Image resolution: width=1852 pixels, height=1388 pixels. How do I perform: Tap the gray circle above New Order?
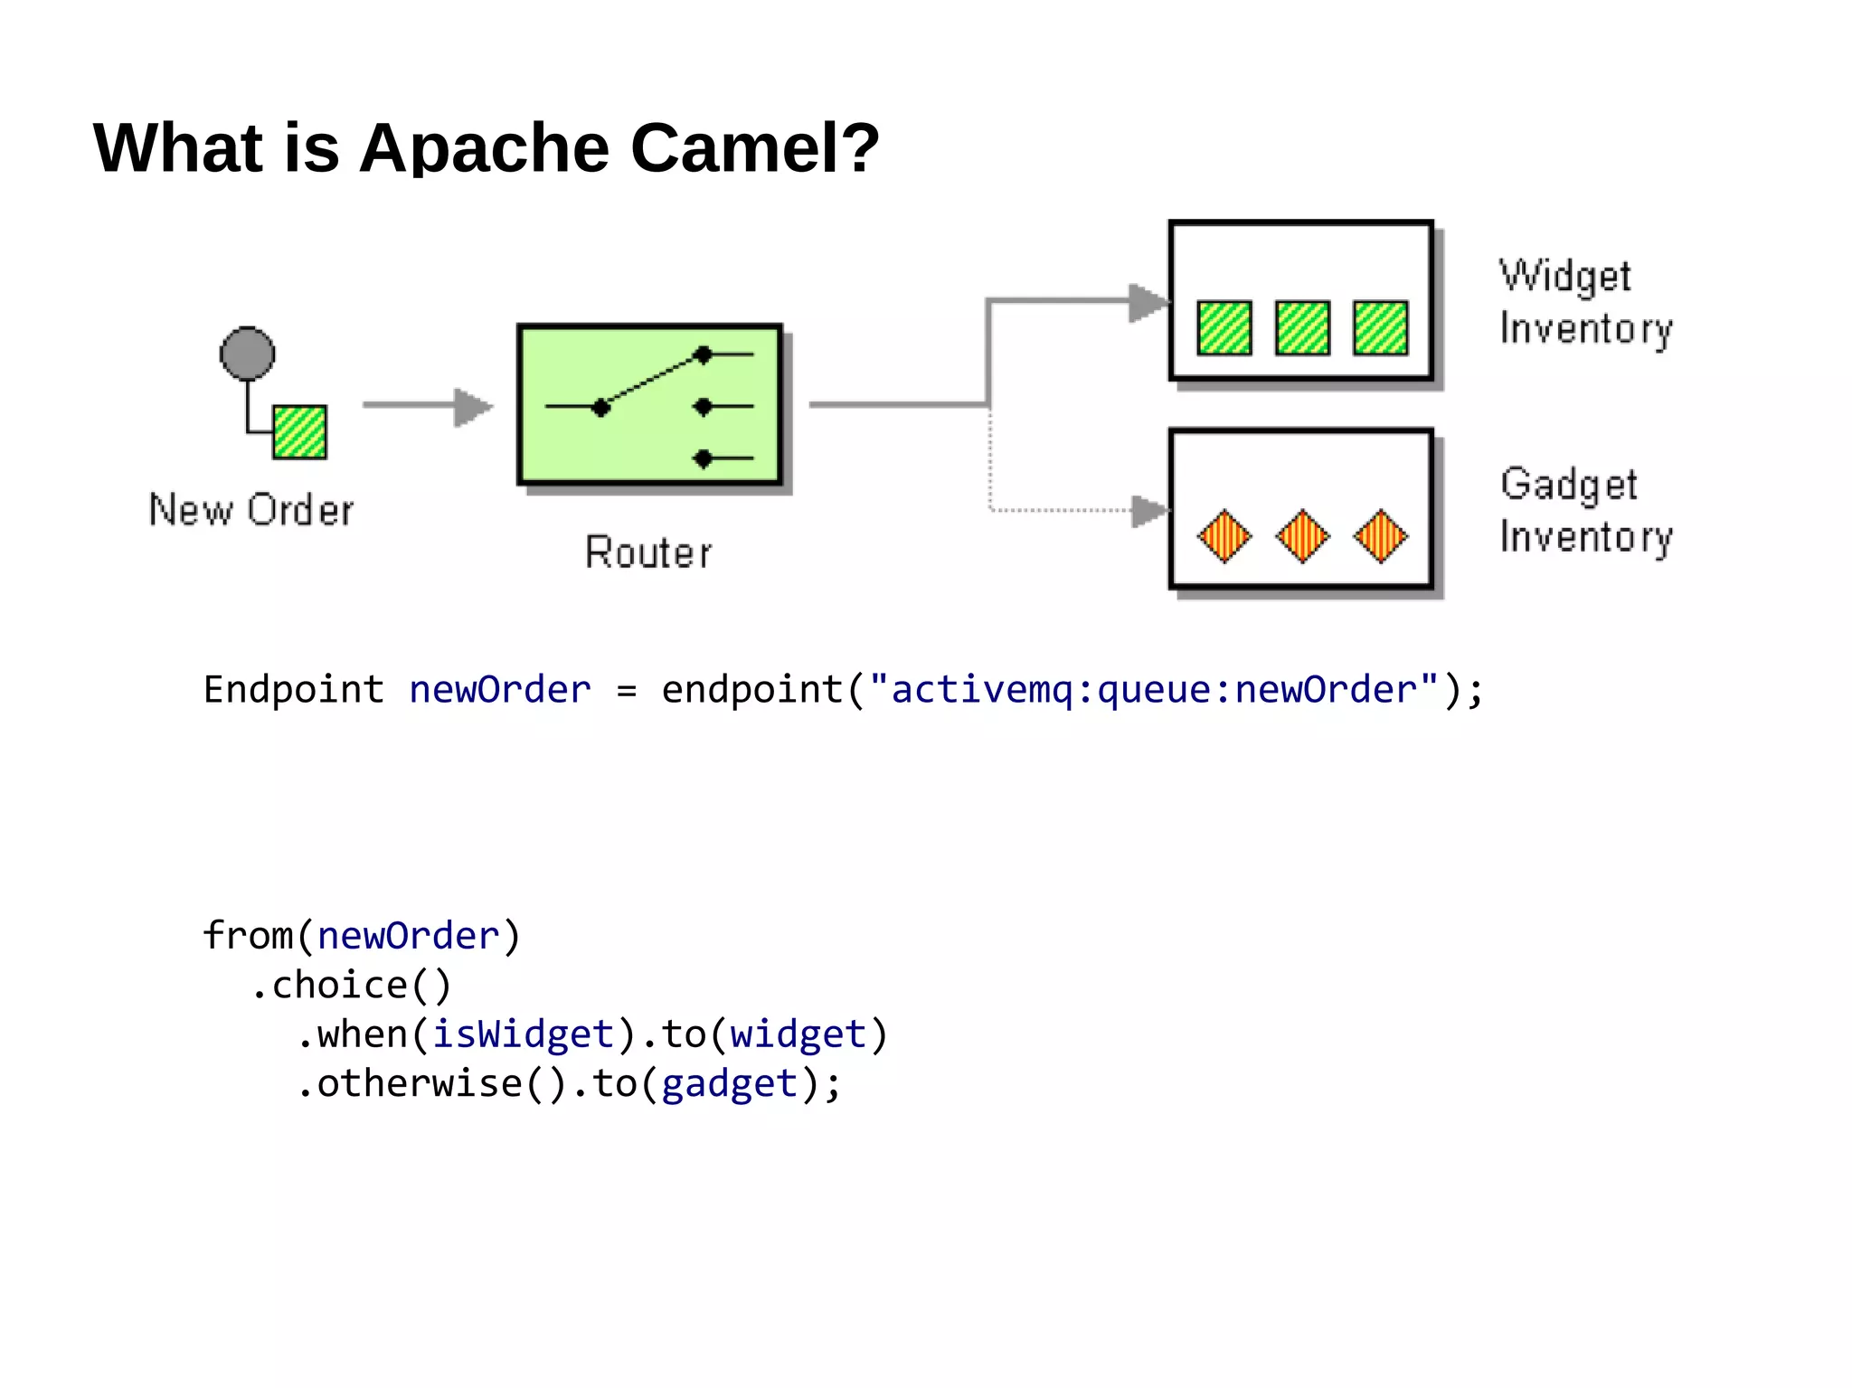(x=247, y=353)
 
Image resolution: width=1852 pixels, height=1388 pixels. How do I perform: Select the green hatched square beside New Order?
(x=299, y=432)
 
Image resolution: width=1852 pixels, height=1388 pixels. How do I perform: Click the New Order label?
(x=250, y=510)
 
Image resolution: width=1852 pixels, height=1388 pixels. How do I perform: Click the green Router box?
(x=649, y=405)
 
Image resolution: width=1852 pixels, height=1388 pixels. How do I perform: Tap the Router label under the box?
(x=648, y=552)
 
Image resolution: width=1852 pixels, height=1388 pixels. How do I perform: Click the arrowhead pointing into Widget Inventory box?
(x=1148, y=302)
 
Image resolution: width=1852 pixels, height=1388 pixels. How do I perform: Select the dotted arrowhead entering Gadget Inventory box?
(x=1149, y=511)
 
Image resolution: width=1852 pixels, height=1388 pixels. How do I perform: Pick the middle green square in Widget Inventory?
(x=1302, y=327)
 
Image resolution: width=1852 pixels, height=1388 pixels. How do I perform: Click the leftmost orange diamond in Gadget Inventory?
(x=1224, y=536)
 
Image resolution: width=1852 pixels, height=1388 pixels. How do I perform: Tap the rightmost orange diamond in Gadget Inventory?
(x=1380, y=536)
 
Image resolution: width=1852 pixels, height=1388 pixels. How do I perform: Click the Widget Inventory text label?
(x=1585, y=302)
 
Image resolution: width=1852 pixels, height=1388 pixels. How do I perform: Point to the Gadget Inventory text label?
(x=1585, y=511)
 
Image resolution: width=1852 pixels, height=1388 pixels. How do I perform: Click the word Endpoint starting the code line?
(x=294, y=690)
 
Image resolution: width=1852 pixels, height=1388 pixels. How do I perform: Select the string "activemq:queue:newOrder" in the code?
(x=1153, y=690)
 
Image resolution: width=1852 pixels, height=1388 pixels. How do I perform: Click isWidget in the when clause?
(x=524, y=1034)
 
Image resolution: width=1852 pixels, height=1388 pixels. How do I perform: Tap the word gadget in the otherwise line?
(x=730, y=1083)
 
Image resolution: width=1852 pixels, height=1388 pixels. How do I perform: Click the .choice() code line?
(x=351, y=986)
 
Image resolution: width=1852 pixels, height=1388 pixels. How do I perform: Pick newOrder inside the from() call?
(x=409, y=936)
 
